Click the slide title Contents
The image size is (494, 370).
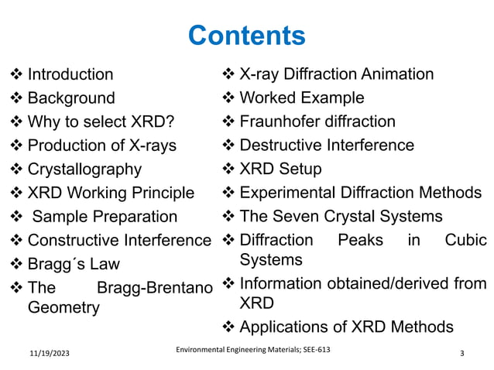pyautogui.click(x=246, y=36)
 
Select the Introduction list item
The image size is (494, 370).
pyautogui.click(x=70, y=75)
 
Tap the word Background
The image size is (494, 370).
pyautogui.click(x=71, y=98)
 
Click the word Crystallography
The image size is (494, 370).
pyautogui.click(x=84, y=169)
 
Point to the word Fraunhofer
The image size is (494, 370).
pyautogui.click(x=280, y=122)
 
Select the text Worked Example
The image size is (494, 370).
pyautogui.click(x=302, y=98)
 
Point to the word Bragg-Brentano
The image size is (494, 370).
pyautogui.click(x=155, y=289)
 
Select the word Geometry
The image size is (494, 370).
pyautogui.click(x=63, y=307)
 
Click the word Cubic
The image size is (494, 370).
pyautogui.click(x=466, y=240)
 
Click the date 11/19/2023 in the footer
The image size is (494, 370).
pyautogui.click(x=45, y=354)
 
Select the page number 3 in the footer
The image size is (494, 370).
pyautogui.click(x=461, y=354)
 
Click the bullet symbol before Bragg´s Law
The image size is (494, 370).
pyautogui.click(x=16, y=264)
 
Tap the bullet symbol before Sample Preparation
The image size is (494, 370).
pyautogui.click(x=16, y=217)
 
